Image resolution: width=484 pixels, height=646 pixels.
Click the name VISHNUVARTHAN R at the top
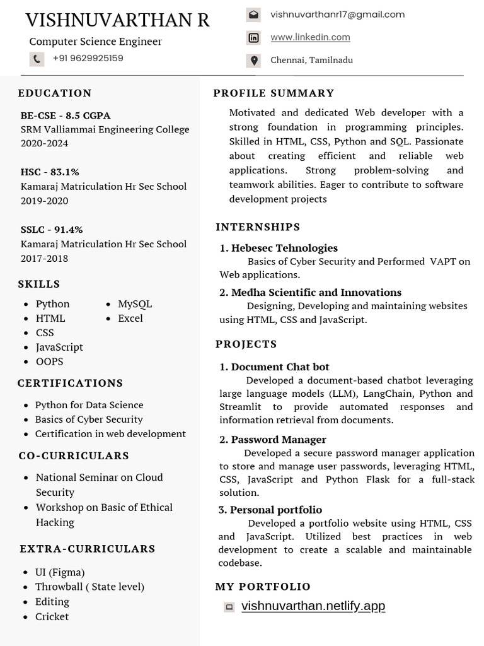[117, 20]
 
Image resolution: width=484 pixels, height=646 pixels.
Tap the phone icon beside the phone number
[37, 59]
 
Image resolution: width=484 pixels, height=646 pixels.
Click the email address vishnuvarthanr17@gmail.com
[337, 15]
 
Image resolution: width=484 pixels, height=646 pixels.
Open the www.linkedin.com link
[310, 37]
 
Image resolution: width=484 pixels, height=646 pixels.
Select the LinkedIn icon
[253, 38]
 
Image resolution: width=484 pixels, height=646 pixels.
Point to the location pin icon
[253, 61]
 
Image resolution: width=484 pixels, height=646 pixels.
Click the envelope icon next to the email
[253, 15]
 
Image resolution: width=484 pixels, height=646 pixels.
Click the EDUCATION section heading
[55, 93]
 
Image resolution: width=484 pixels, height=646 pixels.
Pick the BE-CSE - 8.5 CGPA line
[66, 115]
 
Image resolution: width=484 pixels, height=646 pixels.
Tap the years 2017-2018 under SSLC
[44, 259]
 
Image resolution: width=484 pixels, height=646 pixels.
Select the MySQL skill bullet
[135, 304]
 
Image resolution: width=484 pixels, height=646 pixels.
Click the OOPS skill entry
[50, 361]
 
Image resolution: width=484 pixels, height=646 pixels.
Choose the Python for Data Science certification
[89, 405]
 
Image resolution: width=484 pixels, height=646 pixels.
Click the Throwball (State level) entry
[89, 587]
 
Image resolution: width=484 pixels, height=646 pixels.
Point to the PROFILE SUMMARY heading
[274, 93]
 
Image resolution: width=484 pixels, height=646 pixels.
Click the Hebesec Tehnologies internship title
[284, 248]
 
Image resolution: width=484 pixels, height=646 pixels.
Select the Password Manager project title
[278, 440]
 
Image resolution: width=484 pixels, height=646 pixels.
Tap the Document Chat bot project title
[280, 367]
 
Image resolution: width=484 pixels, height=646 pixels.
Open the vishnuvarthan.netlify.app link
[313, 606]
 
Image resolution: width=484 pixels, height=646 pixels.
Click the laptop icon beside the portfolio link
[229, 607]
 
